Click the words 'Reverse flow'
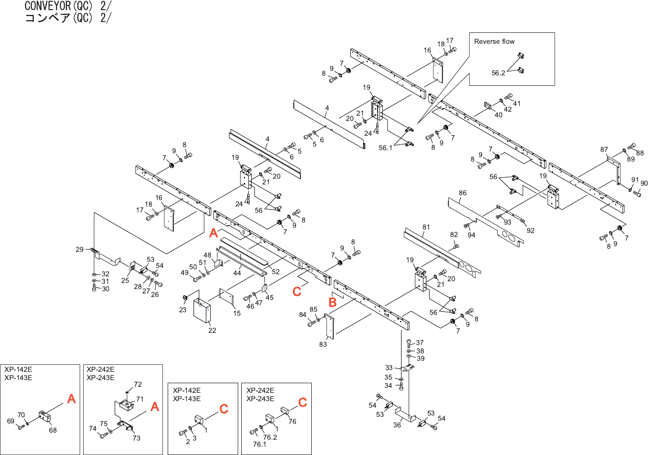coord(494,42)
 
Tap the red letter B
coord(333,302)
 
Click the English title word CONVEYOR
coord(48,6)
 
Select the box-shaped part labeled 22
coord(202,310)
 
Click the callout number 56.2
coord(498,73)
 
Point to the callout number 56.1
coord(385,148)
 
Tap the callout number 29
coord(80,249)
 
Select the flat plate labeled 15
coord(226,296)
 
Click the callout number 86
coord(462,193)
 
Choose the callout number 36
coord(397,425)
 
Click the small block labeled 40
coord(488,106)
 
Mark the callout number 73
coord(137,438)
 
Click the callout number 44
coord(237,273)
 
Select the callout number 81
coord(426,227)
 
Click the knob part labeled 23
coord(186,297)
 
